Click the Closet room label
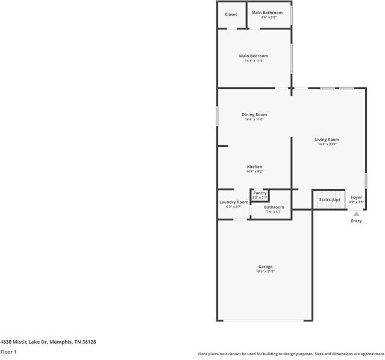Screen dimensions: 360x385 coord(231,14)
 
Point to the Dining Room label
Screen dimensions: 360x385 coord(254,114)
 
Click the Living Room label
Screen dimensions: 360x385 coord(327,140)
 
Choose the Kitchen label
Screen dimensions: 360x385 coord(254,167)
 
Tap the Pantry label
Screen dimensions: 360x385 coord(260,193)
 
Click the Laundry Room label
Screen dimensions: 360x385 coord(234,202)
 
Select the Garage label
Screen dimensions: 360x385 coord(265,267)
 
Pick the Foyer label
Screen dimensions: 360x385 coord(357,197)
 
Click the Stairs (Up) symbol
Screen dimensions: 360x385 coord(329,199)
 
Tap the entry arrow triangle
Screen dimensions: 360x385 coord(356,214)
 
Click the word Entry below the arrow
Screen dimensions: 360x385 coord(356,221)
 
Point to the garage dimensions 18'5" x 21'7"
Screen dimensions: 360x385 coord(265,272)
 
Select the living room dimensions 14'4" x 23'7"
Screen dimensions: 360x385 coord(327,144)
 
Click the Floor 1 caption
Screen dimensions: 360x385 coord(8,352)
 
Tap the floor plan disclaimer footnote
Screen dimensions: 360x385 coord(291,354)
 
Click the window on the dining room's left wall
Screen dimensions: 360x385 coord(218,116)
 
